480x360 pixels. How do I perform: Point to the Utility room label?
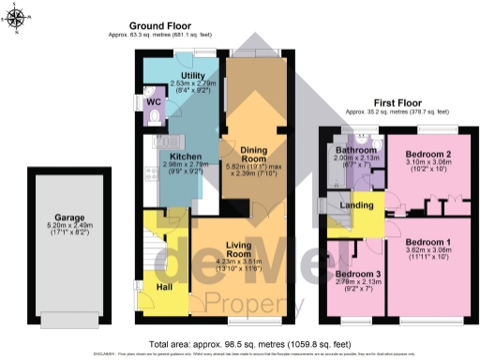[x=193, y=74]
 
